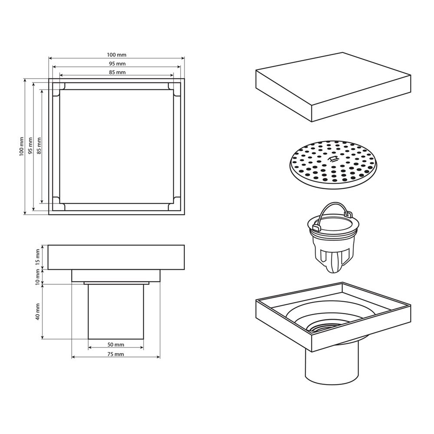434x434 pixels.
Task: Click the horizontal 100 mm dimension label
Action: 116,55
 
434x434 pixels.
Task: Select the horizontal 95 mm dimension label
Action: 117,64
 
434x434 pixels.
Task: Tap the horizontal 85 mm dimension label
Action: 117,72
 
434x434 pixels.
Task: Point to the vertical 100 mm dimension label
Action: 22,146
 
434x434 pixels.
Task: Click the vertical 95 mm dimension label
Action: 30,146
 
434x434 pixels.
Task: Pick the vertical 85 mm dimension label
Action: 39,146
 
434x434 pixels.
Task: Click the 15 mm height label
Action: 38,256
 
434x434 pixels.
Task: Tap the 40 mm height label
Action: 38,311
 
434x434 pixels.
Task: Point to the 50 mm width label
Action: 116,345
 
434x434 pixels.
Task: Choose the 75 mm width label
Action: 116,354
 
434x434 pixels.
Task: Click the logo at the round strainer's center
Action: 332,159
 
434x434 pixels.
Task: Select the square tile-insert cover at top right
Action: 333,87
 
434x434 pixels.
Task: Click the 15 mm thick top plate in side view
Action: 116,257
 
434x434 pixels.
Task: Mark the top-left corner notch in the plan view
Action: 59,89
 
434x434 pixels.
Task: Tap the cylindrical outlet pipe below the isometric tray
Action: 332,361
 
